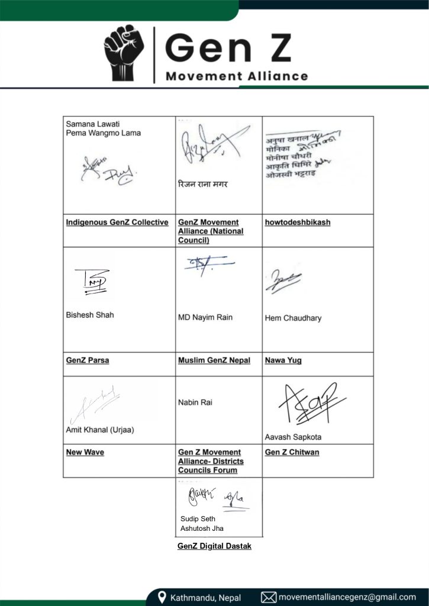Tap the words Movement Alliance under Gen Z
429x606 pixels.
(237, 76)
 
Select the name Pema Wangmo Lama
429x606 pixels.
(103, 133)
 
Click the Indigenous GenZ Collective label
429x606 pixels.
(117, 223)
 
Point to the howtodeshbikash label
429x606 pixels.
(298, 223)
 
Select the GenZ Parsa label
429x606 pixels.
(88, 360)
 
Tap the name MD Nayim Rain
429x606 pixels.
(205, 318)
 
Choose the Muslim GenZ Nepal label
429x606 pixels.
(214, 360)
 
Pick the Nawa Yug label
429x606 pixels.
(283, 360)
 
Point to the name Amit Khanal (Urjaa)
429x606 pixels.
(100, 430)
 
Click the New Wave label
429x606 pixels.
(85, 453)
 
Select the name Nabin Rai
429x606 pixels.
(195, 402)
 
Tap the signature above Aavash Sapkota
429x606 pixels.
(311, 405)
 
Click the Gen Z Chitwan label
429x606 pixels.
(292, 453)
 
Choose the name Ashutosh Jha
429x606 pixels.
(202, 528)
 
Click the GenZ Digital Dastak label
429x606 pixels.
(214, 546)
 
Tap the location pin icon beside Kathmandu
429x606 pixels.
(162, 597)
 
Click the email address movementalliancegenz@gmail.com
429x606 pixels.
(347, 597)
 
